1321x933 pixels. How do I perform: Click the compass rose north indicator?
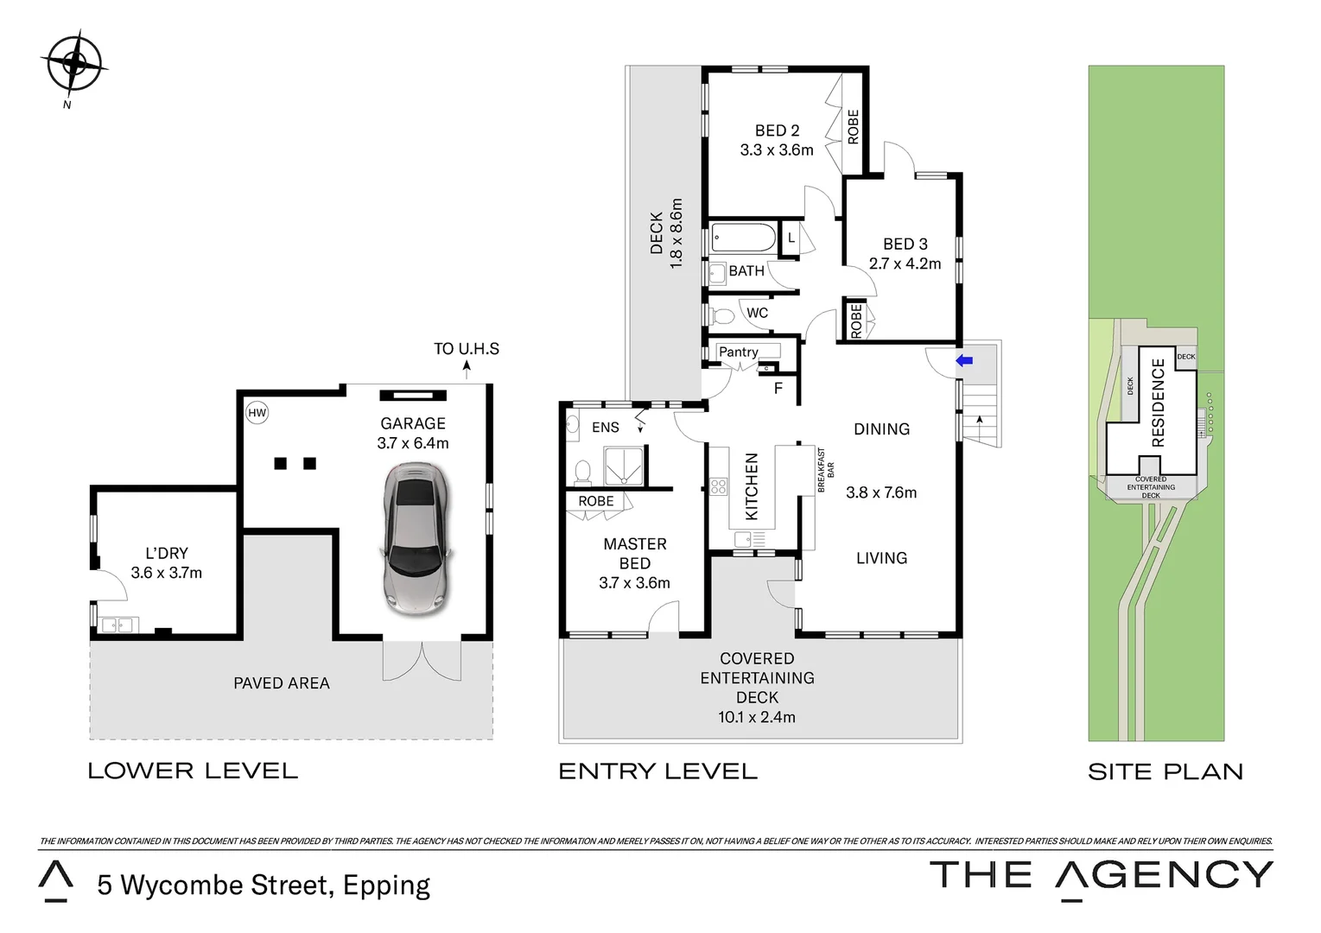(x=73, y=64)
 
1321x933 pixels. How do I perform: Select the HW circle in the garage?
(x=257, y=413)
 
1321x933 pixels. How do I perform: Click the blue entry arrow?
(x=964, y=360)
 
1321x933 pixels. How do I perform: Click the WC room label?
(x=757, y=313)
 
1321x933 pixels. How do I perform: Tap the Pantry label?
(x=739, y=352)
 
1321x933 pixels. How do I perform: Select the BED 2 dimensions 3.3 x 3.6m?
(x=777, y=149)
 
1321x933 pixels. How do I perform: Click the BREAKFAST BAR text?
(x=826, y=470)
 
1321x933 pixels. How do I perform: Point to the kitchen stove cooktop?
(x=718, y=486)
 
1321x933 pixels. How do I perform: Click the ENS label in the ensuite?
(x=606, y=427)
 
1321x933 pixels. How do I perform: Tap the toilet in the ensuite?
(x=582, y=473)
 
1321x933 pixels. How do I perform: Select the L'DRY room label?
(x=167, y=553)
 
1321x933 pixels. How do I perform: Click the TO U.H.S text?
(x=467, y=349)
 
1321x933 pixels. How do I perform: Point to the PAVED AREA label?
(x=282, y=683)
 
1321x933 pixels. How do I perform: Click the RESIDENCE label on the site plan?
(x=1159, y=403)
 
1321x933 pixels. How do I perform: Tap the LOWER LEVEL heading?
(x=193, y=771)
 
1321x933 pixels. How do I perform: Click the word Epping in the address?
(x=387, y=885)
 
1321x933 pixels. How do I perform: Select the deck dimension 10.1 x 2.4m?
(x=757, y=717)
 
